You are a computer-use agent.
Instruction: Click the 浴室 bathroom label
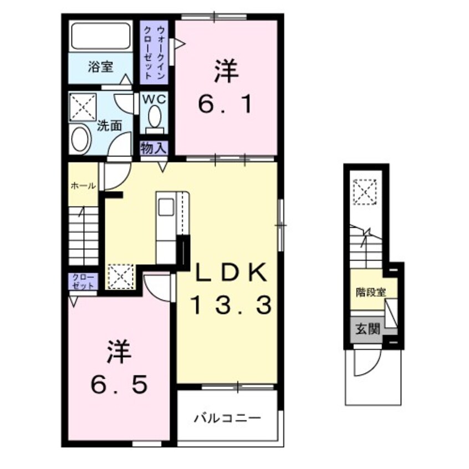point(100,68)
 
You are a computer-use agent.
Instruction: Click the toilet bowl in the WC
point(155,118)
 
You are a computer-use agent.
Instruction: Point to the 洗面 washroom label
point(109,126)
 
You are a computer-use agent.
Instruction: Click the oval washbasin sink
point(81,140)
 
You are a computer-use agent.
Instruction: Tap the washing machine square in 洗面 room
point(83,106)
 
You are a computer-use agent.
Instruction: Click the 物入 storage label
point(153,148)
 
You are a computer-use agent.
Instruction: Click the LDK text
point(231,273)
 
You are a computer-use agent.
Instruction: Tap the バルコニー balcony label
point(227,417)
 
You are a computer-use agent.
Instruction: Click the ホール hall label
point(83,186)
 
